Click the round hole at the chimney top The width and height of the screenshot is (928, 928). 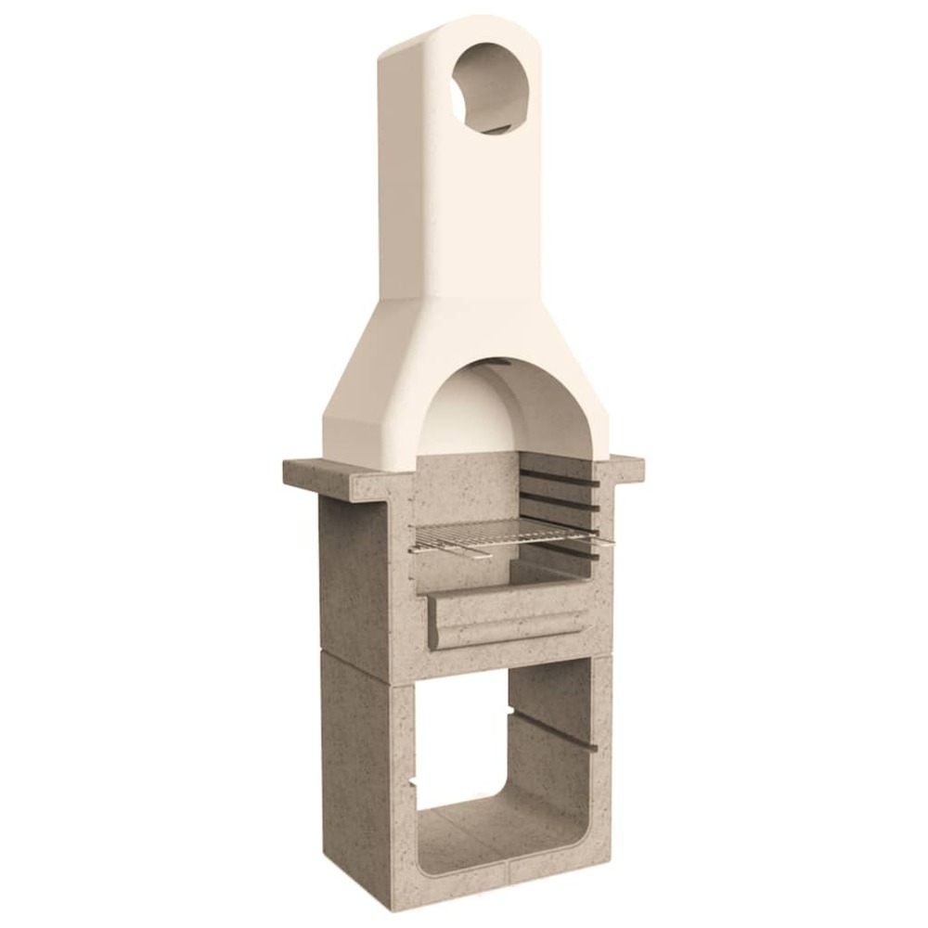tap(488, 89)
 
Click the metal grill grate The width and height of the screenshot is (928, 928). tap(501, 535)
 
